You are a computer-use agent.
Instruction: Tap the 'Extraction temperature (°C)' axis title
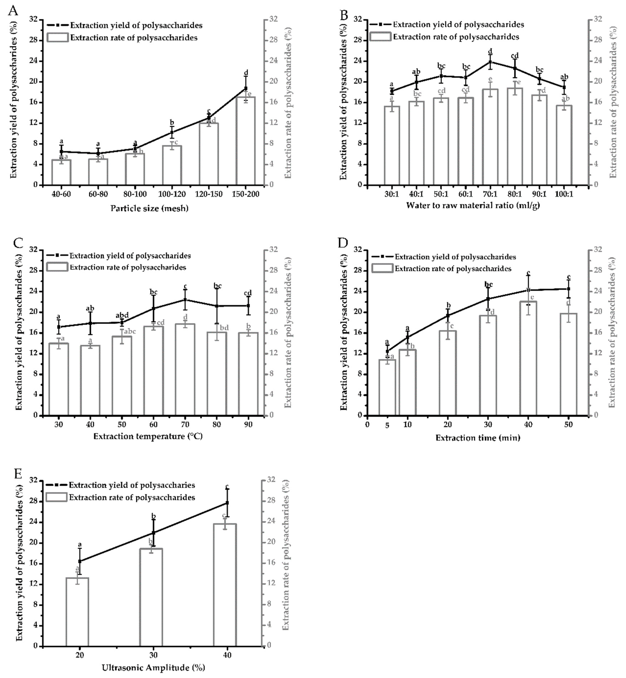[x=148, y=436]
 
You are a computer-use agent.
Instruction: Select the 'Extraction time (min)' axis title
[x=478, y=438]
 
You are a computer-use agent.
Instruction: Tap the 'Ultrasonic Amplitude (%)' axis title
[x=153, y=668]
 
